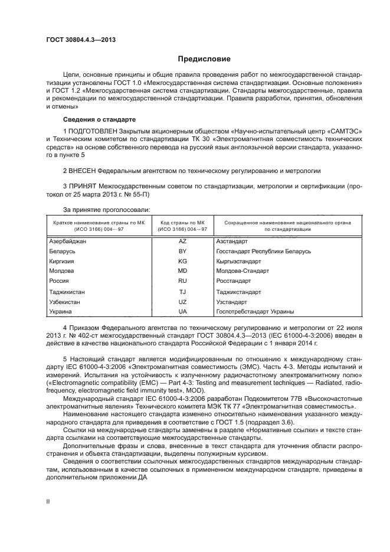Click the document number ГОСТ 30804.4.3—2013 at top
point(80,39)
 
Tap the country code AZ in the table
point(182,241)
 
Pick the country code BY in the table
point(182,251)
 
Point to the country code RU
point(182,281)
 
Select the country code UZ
point(182,302)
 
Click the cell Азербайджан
point(67,241)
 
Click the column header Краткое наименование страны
point(99,223)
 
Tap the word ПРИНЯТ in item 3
point(83,187)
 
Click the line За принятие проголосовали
point(106,209)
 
